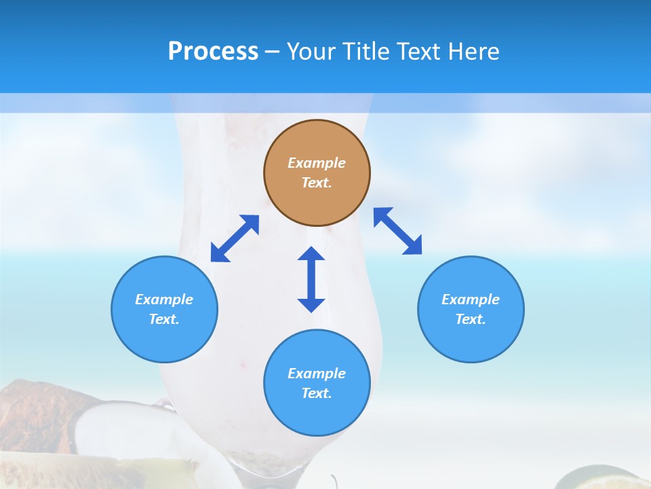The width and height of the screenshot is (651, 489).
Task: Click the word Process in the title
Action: [213, 52]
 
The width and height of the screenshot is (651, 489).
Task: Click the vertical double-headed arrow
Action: [311, 279]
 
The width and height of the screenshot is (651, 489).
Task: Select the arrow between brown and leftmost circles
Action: [235, 238]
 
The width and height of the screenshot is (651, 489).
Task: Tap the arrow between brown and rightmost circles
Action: [398, 231]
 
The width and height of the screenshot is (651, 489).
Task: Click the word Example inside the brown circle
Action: [317, 163]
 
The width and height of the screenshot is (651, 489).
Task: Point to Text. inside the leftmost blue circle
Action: [164, 319]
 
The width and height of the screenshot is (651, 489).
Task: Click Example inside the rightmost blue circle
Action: [471, 300]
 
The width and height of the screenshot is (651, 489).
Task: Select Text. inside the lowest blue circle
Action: [317, 393]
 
